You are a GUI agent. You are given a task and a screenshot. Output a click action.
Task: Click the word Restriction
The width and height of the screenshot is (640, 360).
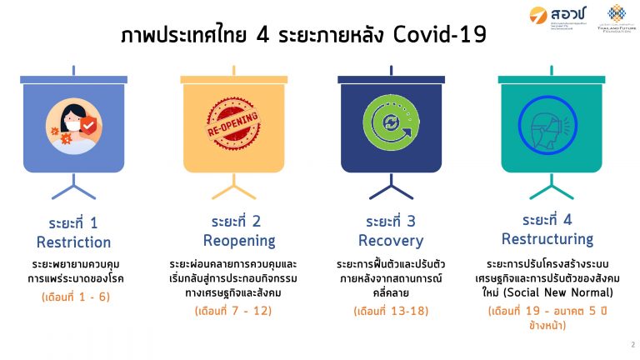point(73,242)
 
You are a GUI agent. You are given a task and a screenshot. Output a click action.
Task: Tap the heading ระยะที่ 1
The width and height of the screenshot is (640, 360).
point(73,222)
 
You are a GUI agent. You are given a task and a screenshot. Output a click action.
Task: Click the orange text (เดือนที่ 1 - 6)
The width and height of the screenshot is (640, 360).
point(74,297)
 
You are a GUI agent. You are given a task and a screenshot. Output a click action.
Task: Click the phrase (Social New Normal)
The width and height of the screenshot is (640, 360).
point(571,292)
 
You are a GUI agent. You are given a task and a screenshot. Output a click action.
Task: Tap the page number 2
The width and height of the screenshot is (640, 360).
point(632,343)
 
